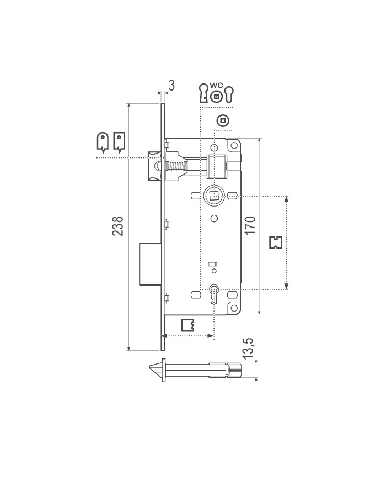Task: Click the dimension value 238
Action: point(117,226)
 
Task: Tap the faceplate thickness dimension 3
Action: point(171,85)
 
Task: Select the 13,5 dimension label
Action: point(249,350)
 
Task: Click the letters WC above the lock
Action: point(216,86)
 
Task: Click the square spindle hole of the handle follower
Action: point(213,195)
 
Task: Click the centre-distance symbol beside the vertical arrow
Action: point(275,242)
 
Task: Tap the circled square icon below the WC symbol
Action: point(223,120)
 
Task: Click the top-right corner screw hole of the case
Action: point(232,146)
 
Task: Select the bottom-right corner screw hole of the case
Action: point(233,307)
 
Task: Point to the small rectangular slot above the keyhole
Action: point(212,265)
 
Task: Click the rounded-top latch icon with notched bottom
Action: point(103,141)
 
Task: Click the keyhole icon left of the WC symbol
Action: point(203,93)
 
